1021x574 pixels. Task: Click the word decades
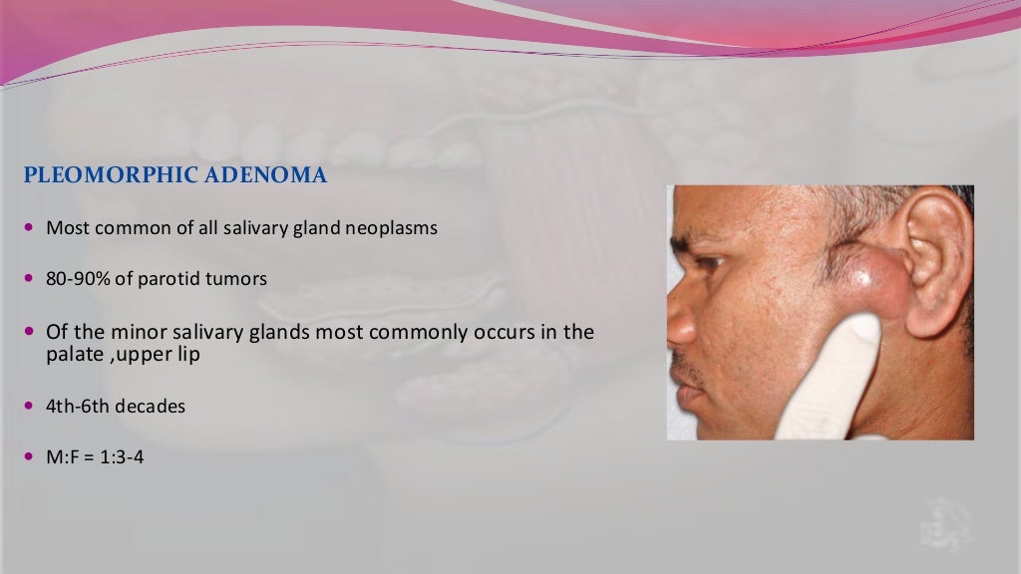153,407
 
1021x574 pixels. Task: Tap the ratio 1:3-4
121,458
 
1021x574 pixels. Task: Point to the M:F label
63,458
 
